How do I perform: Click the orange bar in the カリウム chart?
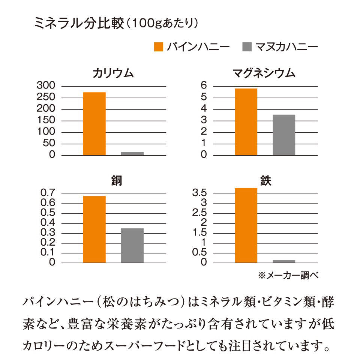click(94, 123)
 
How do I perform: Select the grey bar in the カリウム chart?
click(132, 153)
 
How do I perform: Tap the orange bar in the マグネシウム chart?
click(246, 121)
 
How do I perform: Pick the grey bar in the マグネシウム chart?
click(283, 135)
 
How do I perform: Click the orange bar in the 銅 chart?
click(94, 229)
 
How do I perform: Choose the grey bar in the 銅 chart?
click(132, 245)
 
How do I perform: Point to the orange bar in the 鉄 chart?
click(246, 225)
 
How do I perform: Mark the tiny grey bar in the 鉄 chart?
click(283, 261)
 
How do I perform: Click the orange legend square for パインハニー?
click(159, 47)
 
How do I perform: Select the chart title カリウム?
click(113, 73)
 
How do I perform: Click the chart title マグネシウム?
click(264, 73)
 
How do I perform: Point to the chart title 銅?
click(113, 181)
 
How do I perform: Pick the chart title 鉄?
click(265, 181)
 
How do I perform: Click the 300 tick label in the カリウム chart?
click(46, 86)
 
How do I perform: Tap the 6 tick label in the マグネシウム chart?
click(204, 86)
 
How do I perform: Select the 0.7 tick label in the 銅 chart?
click(48, 193)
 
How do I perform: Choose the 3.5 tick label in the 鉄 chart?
click(199, 193)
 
